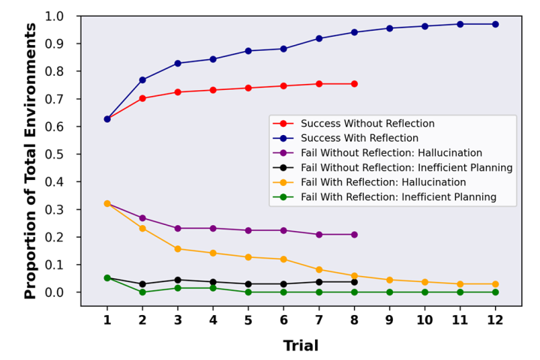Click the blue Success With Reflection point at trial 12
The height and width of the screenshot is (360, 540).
pyautogui.click(x=495, y=24)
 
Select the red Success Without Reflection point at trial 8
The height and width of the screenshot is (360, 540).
pyautogui.click(x=354, y=84)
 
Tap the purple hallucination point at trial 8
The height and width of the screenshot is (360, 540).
pyautogui.click(x=354, y=235)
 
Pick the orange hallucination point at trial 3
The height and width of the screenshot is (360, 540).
pyautogui.click(x=178, y=249)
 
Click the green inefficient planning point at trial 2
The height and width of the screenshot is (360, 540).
pyautogui.click(x=142, y=292)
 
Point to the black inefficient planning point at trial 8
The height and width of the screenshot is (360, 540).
pyautogui.click(x=354, y=282)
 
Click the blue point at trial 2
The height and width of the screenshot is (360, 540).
pyautogui.click(x=142, y=79)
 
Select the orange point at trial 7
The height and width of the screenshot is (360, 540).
pyautogui.click(x=319, y=269)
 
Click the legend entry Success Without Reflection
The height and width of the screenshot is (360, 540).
pyautogui.click(x=367, y=123)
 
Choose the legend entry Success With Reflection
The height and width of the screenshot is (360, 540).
pyautogui.click(x=359, y=138)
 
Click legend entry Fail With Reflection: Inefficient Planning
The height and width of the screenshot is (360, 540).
pyautogui.click(x=409, y=196)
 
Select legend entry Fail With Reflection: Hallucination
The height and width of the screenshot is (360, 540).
pyautogui.click(x=383, y=182)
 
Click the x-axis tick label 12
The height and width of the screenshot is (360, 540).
pyautogui.click(x=495, y=319)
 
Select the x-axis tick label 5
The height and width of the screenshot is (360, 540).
pyautogui.click(x=248, y=319)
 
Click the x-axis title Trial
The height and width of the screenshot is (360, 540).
pyautogui.click(x=301, y=346)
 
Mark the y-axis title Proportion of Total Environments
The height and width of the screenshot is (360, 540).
pyautogui.click(x=31, y=161)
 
